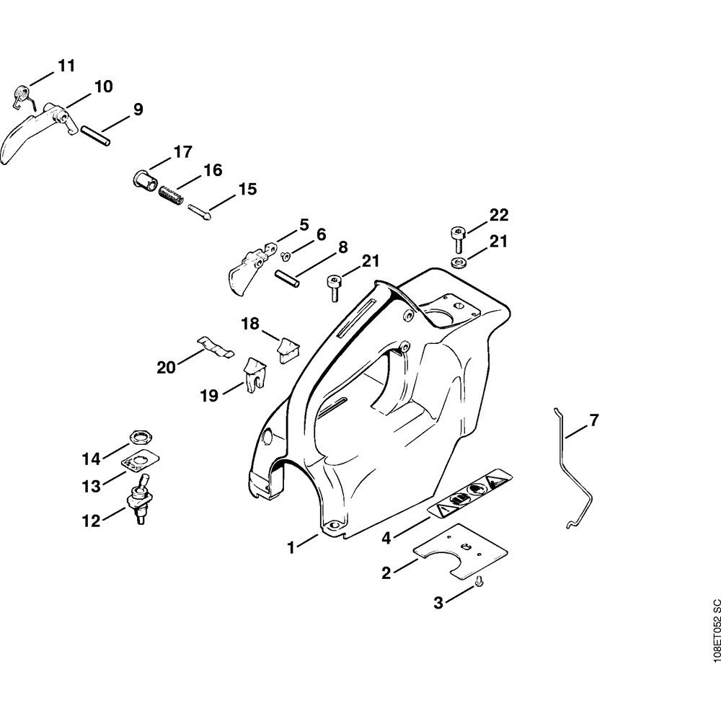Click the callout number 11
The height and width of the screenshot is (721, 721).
[66, 66]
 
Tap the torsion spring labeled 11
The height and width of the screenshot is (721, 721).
[22, 95]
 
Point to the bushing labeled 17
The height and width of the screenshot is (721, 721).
[145, 178]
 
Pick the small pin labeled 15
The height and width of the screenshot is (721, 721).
[200, 213]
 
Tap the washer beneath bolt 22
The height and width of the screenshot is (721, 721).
[457, 261]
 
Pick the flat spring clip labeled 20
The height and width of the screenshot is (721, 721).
[216, 347]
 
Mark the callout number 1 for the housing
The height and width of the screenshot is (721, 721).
[291, 548]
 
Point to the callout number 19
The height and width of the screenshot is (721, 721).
[209, 395]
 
